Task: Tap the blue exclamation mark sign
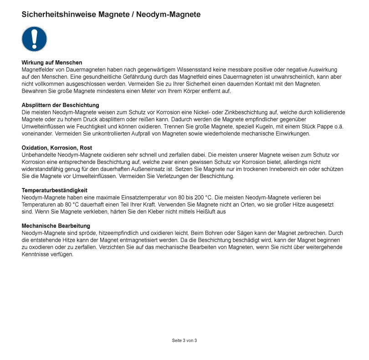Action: [x=34, y=39]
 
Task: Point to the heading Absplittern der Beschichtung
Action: [x=60, y=105]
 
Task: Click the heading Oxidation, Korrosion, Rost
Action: [x=56, y=148]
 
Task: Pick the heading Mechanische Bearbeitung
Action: [x=56, y=226]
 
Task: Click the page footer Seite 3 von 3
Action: [x=184, y=340]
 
